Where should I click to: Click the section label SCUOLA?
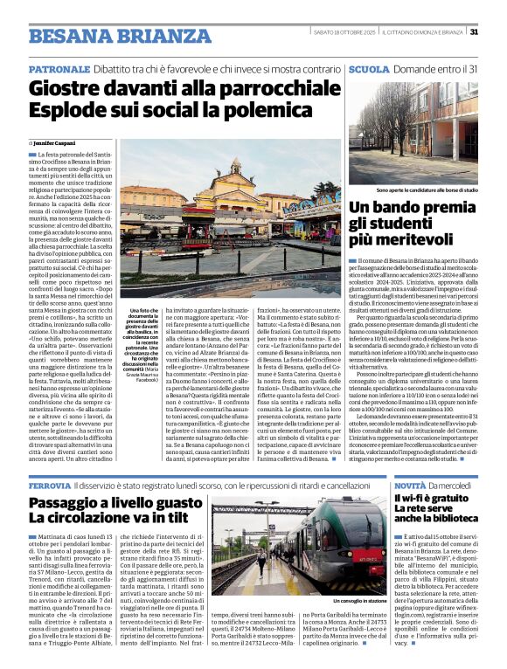(x=369, y=68)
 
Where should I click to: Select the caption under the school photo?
(x=414, y=190)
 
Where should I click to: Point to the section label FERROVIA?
(x=49, y=485)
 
